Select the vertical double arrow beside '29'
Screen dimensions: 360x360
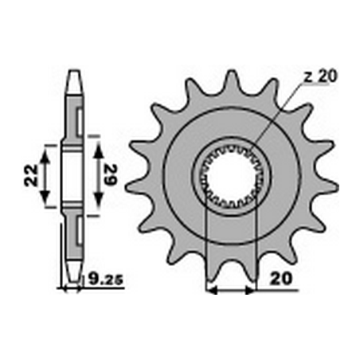(x=96, y=175)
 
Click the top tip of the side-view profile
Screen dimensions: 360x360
(x=72, y=73)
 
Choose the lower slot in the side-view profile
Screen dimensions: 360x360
(x=78, y=231)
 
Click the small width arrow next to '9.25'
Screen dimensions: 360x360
(x=72, y=286)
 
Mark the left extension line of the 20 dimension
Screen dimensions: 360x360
(x=207, y=239)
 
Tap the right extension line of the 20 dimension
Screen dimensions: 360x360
(x=255, y=239)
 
